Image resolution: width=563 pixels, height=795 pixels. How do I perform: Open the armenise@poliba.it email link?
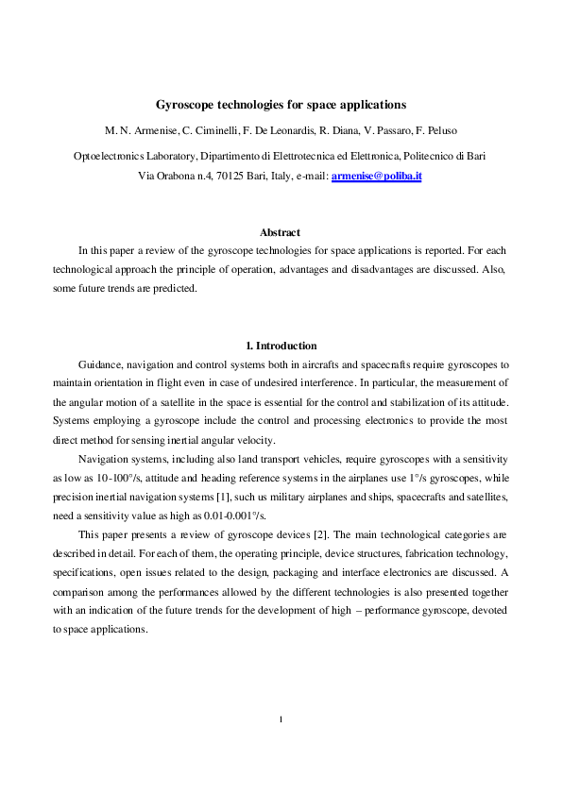click(x=376, y=176)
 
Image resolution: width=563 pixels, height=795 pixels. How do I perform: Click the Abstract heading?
click(x=281, y=232)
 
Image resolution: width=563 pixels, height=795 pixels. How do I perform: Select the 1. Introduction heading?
click(x=281, y=346)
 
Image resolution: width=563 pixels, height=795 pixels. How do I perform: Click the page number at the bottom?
click(x=281, y=720)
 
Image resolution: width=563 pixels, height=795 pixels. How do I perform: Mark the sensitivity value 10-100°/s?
click(x=111, y=481)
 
